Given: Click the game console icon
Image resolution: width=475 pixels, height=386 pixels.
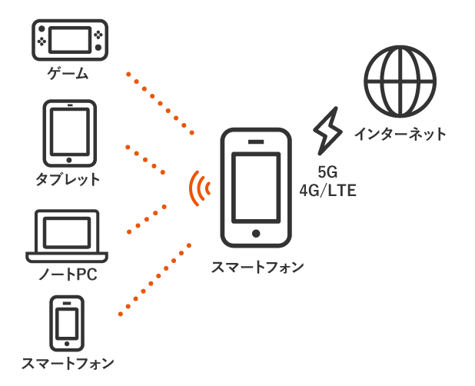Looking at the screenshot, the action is point(70,40).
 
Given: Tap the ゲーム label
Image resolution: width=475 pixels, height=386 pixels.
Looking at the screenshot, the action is point(68,74).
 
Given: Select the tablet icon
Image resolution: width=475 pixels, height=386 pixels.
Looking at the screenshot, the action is point(70,133).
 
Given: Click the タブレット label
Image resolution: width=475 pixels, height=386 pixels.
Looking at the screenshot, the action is point(68,179).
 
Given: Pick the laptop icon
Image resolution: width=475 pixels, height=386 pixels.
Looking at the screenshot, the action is point(67,236).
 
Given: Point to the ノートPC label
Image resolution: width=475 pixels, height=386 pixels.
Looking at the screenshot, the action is point(68,275).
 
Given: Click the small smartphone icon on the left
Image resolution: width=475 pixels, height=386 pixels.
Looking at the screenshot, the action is point(67,324).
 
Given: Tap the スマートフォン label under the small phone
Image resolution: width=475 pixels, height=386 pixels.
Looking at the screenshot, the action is point(68,363).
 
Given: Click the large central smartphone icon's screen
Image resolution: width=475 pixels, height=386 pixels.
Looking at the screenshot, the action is point(256,188).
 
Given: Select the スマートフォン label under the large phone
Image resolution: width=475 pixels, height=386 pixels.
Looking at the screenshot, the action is point(257,268).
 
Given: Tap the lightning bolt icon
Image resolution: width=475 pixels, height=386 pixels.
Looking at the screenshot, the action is point(327,131).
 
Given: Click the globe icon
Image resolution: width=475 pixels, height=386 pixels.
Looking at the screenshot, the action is point(400,82).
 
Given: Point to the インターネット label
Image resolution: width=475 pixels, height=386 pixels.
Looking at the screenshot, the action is point(400,134).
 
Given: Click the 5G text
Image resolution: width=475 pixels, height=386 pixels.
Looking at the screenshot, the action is point(327,172).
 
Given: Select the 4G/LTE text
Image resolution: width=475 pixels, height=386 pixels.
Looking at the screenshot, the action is point(327,191).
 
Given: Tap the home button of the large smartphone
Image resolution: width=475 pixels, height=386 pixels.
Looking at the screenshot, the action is point(256,234).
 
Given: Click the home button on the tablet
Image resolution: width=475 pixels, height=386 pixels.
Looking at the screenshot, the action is point(69,160).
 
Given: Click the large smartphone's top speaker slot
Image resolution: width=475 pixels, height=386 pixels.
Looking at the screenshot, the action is point(256,141).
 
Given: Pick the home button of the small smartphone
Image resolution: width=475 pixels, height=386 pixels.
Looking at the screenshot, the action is point(67,344).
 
